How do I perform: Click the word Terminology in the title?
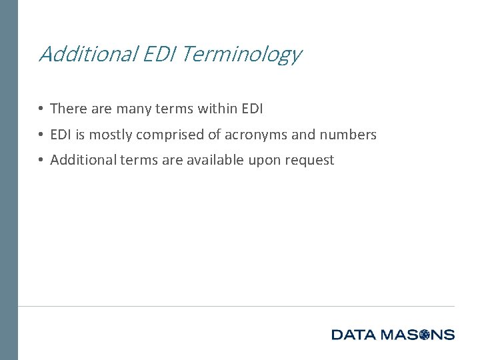point(241,54)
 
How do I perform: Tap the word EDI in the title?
point(158,53)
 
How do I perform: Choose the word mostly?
point(111,135)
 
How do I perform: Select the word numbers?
point(348,135)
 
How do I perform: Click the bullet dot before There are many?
point(41,108)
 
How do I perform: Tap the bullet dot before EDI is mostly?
point(41,135)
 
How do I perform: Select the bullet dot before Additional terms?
point(41,160)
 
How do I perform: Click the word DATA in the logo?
point(354,335)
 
